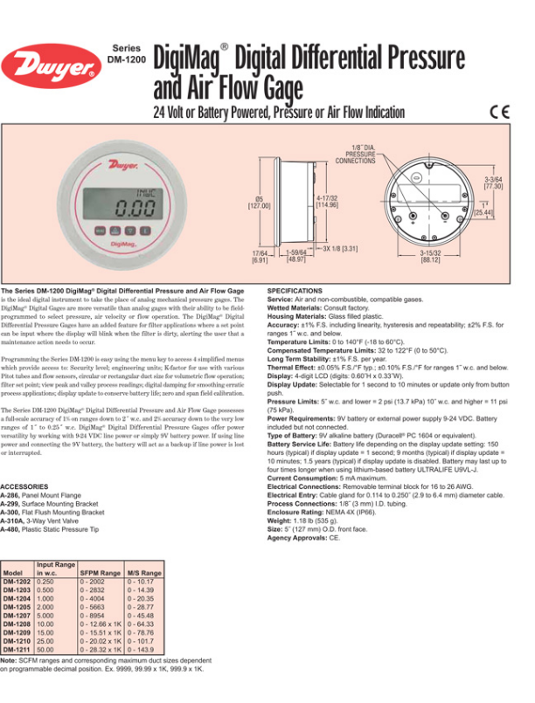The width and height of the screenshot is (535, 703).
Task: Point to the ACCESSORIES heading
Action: click(24, 486)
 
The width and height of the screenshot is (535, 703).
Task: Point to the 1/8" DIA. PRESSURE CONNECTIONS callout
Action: click(355, 155)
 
